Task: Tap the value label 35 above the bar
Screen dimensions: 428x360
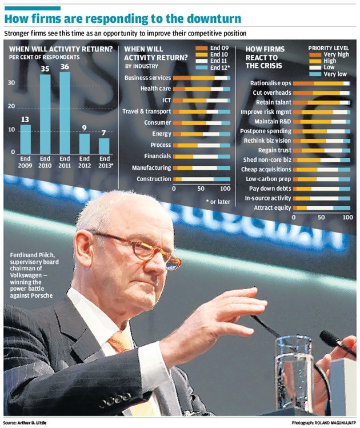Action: [45, 69]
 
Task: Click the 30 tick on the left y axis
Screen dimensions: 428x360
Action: [11, 83]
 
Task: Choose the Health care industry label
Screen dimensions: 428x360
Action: [155, 89]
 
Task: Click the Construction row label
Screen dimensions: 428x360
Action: [154, 179]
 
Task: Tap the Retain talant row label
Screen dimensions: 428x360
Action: [271, 102]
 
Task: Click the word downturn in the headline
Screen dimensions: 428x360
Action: [209, 19]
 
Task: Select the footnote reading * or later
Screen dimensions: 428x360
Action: [218, 201]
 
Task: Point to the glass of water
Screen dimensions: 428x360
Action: [294, 371]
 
